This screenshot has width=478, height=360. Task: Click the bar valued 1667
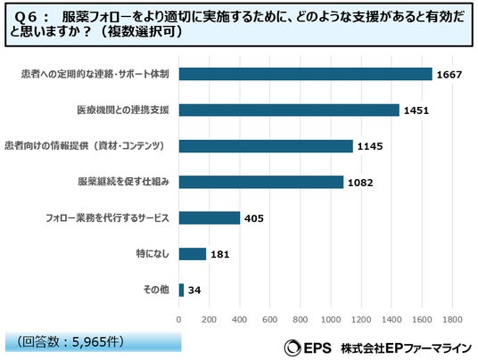306,74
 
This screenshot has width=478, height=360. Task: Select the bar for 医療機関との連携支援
289,110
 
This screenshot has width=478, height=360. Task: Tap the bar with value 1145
266,146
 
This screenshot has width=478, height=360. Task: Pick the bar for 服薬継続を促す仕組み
261,182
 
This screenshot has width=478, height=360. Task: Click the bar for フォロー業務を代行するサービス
210,217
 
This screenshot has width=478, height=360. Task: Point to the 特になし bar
193,254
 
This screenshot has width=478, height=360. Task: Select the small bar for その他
181,290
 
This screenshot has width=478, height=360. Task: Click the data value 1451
416,110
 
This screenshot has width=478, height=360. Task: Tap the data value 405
254,218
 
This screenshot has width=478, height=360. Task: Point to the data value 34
194,290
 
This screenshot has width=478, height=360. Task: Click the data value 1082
360,183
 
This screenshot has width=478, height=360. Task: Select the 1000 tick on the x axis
331,320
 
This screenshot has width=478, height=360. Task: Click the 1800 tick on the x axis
452,320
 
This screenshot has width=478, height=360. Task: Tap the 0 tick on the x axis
178,320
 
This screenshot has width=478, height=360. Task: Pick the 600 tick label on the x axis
270,320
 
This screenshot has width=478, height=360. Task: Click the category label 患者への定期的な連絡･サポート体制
95,74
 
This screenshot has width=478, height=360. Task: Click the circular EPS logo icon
293,348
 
